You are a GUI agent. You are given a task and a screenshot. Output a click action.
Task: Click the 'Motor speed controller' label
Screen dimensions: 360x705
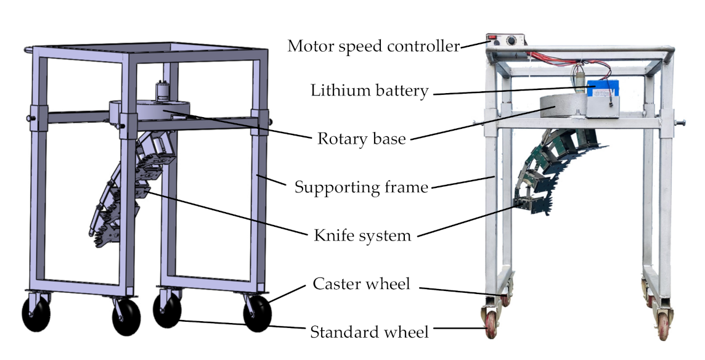(373, 46)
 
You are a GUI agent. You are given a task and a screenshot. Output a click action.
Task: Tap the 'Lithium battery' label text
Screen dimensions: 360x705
(369, 91)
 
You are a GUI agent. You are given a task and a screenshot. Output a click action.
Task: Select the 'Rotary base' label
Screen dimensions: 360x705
(361, 138)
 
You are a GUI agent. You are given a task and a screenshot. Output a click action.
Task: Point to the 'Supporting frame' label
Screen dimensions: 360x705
(361, 187)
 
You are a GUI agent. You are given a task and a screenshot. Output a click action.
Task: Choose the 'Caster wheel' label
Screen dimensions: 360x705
(361, 284)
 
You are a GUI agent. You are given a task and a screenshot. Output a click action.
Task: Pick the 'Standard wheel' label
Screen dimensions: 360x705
(369, 332)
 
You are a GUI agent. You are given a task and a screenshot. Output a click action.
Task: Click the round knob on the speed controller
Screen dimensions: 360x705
(510, 41)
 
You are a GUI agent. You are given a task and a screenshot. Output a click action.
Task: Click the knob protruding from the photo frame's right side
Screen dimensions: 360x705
(684, 123)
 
